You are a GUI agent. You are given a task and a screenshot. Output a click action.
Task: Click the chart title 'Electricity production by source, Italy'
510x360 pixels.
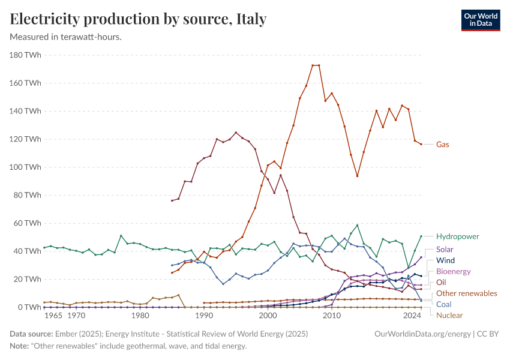click(x=138, y=19)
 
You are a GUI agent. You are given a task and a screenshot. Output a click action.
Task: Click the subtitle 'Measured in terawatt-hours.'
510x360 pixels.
click(x=66, y=37)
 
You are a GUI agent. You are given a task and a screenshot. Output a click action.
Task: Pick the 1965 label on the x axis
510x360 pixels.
click(x=53, y=316)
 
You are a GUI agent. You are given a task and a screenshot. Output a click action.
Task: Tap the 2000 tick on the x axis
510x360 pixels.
click(x=268, y=316)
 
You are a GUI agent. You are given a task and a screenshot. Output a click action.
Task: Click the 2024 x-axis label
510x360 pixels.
click(x=412, y=316)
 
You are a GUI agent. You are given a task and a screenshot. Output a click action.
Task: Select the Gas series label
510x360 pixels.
click(x=442, y=145)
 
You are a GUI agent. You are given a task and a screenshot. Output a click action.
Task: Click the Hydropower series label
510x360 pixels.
click(x=458, y=236)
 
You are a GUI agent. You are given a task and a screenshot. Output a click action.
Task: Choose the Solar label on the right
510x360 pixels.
click(x=445, y=249)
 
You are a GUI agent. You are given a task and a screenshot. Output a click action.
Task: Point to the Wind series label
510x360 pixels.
click(x=445, y=260)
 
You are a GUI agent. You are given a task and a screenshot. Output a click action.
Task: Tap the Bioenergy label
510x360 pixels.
click(x=453, y=271)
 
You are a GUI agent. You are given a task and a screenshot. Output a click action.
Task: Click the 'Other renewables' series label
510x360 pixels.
click(x=466, y=293)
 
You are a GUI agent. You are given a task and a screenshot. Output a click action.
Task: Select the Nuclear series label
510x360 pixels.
click(x=449, y=315)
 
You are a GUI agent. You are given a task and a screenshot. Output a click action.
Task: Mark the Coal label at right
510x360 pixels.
click(x=445, y=304)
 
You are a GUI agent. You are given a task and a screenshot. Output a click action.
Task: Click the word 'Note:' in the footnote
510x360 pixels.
click(x=21, y=346)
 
